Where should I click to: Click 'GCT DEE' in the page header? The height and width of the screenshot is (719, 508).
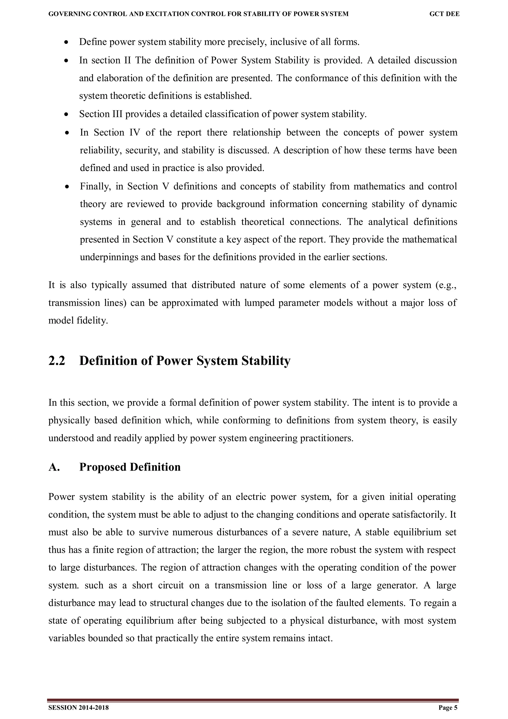(x=444, y=14)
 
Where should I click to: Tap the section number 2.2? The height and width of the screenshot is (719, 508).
(x=57, y=361)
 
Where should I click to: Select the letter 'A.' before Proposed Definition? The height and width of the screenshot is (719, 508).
(x=54, y=467)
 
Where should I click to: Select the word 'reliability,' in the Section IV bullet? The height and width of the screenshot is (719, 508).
(x=100, y=150)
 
